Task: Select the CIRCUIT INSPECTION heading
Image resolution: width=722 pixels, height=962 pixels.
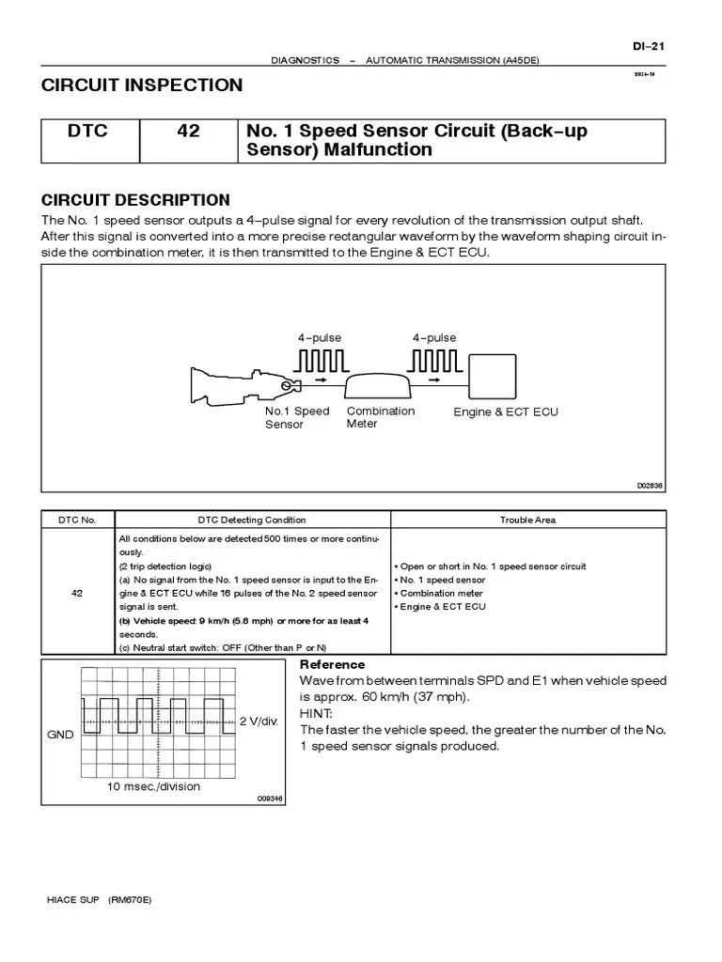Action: pyautogui.click(x=142, y=85)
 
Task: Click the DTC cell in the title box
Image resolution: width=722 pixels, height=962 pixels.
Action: pyautogui.click(x=87, y=132)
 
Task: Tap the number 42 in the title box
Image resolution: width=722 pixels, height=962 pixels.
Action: pyautogui.click(x=188, y=132)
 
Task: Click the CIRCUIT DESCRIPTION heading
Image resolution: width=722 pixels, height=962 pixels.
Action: pyautogui.click(x=135, y=200)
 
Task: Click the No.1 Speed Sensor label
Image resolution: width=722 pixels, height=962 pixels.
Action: pyautogui.click(x=297, y=418)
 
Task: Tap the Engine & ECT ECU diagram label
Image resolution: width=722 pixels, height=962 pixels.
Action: pyautogui.click(x=505, y=412)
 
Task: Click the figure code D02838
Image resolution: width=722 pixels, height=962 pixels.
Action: pyautogui.click(x=650, y=486)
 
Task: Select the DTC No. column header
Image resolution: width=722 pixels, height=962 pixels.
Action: pyautogui.click(x=76, y=520)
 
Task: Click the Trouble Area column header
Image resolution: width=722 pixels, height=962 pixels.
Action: pyautogui.click(x=527, y=520)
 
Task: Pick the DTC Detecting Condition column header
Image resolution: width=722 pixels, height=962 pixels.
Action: pyautogui.click(x=251, y=520)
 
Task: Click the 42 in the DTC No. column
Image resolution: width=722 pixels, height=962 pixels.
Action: pyautogui.click(x=76, y=593)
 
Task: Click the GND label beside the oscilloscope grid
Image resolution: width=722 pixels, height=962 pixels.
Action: pyautogui.click(x=60, y=736)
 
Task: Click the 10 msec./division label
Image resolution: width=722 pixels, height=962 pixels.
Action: pyautogui.click(x=153, y=786)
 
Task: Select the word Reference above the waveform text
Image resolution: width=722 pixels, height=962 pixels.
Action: pyautogui.click(x=332, y=664)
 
